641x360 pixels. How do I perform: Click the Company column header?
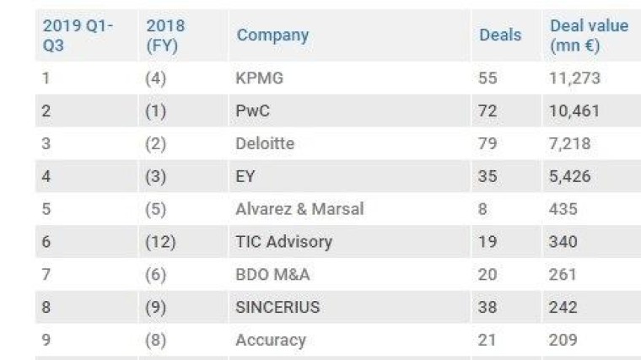coord(272,35)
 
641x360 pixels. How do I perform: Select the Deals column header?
coord(500,35)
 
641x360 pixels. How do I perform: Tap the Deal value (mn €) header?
coord(589,35)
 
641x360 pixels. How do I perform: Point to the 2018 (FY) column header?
coord(165,35)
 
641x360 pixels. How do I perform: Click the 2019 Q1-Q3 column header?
coord(78,35)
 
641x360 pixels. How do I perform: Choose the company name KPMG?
coord(260,78)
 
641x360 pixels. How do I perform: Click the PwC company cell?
coord(252,111)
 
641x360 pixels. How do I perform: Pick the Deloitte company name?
coord(265,143)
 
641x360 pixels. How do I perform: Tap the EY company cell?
coord(245,176)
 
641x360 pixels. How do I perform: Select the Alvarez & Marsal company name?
coord(299,209)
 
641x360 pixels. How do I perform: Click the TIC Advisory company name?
coord(283,242)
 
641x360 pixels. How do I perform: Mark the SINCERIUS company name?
coord(277,308)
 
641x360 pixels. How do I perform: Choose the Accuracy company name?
coord(270,341)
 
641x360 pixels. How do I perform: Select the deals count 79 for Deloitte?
coord(488,143)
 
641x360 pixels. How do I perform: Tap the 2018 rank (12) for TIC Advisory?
coord(160,242)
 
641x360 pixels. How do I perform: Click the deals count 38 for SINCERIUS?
coord(488,308)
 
